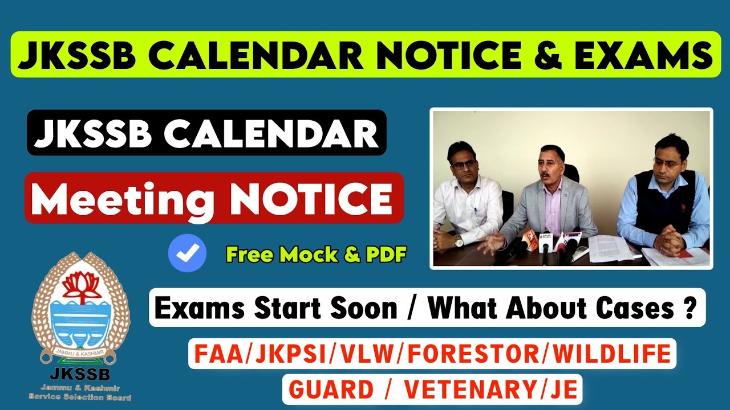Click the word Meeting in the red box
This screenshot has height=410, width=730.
[121, 199]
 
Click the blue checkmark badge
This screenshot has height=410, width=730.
[187, 253]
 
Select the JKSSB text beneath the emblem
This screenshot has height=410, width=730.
[80, 374]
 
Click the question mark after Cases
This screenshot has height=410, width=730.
[690, 309]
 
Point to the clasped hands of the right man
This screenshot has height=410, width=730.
[668, 243]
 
